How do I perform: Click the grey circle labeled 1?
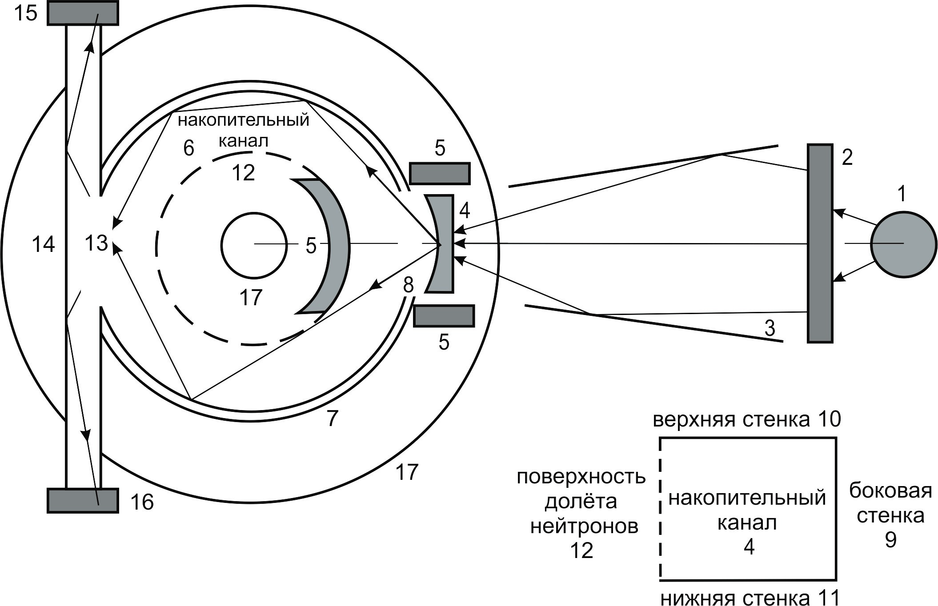point(903,244)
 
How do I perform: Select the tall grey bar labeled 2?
point(820,243)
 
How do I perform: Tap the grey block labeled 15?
point(83,13)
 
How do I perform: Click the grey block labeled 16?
point(83,501)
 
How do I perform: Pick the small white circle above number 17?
point(254,245)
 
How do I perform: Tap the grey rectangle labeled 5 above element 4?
point(439,173)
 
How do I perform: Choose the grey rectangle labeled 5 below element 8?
point(444,316)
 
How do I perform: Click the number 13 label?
point(96,243)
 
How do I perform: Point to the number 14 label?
point(43,244)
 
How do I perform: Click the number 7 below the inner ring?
point(332,418)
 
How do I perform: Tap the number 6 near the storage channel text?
point(188,148)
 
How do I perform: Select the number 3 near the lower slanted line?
point(770,328)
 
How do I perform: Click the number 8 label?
point(408,285)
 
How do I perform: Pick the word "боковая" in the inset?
point(890,491)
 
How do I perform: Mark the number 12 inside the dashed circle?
point(243,173)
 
